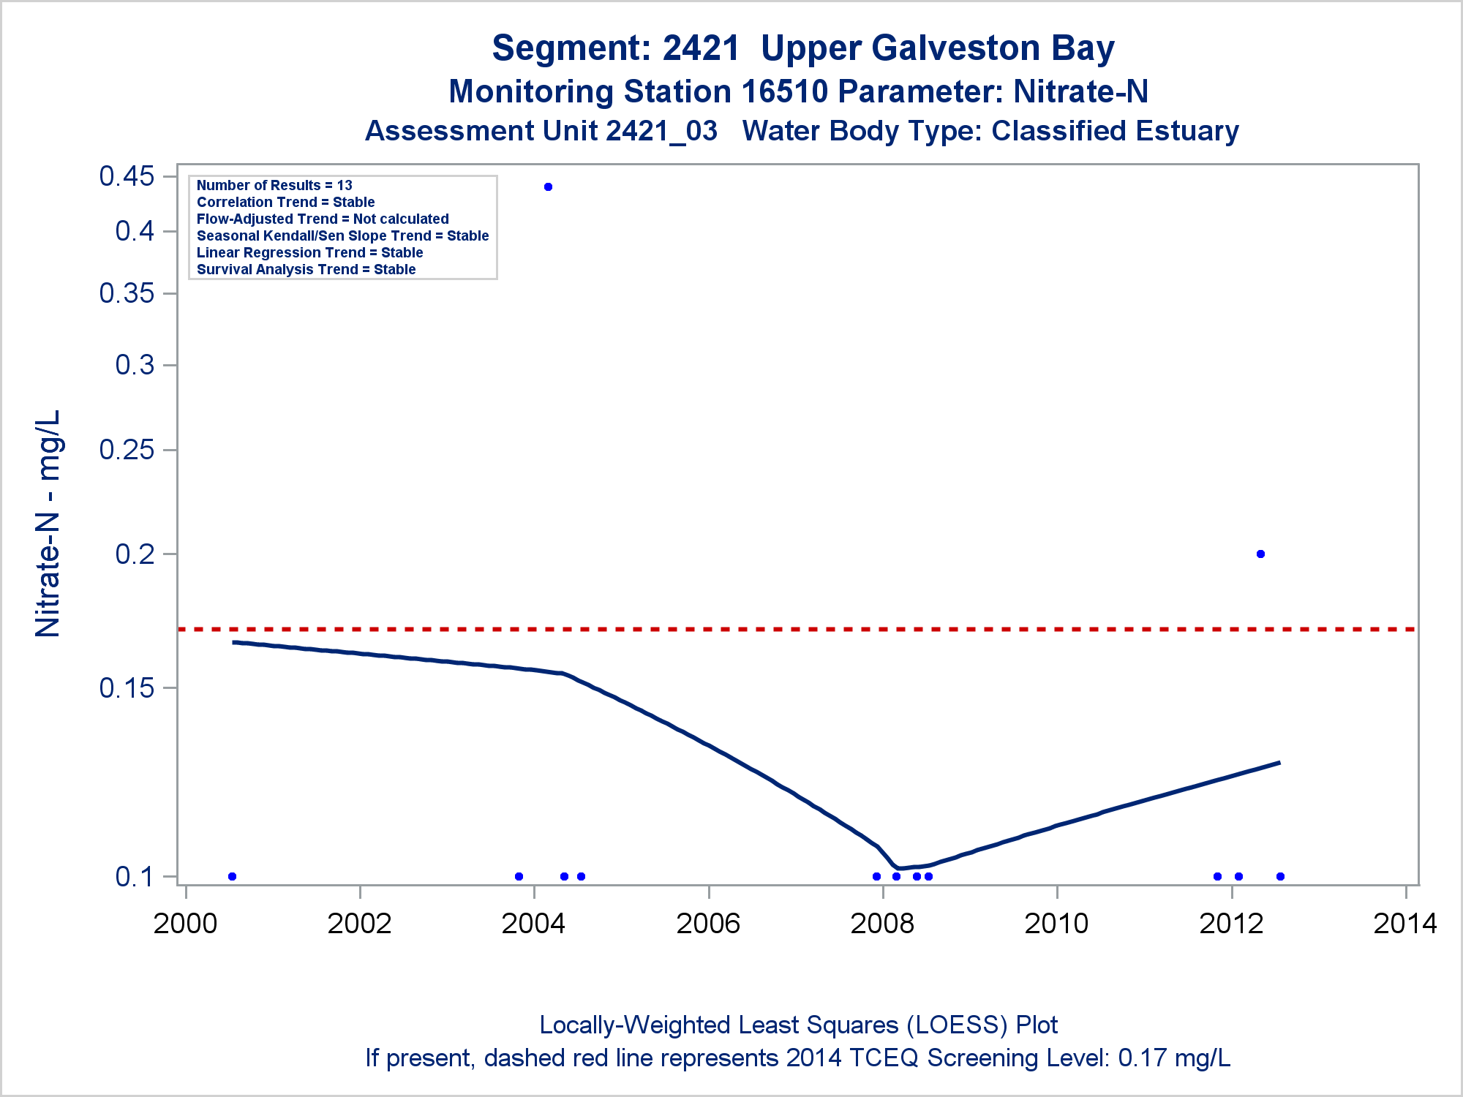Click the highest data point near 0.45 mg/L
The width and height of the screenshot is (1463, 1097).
pyautogui.click(x=548, y=187)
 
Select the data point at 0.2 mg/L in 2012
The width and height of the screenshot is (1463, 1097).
pyautogui.click(x=1260, y=554)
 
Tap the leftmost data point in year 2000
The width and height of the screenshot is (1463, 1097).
pyautogui.click(x=232, y=876)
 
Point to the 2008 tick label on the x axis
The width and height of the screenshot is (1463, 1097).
pyautogui.click(x=882, y=924)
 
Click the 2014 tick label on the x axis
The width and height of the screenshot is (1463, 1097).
pyautogui.click(x=1405, y=924)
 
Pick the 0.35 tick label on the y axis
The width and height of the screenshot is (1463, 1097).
pyautogui.click(x=127, y=293)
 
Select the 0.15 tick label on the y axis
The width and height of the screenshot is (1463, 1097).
pyautogui.click(x=127, y=687)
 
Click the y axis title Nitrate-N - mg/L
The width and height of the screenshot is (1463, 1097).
pyautogui.click(x=48, y=524)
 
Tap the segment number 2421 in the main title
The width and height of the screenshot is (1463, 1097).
pyautogui.click(x=701, y=48)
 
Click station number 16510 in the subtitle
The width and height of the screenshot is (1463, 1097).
pyautogui.click(x=784, y=92)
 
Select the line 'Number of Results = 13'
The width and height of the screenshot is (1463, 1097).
pyautogui.click(x=274, y=186)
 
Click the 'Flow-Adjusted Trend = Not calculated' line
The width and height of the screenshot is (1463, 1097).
pyautogui.click(x=323, y=219)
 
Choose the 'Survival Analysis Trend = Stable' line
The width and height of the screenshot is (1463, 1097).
pyautogui.click(x=306, y=270)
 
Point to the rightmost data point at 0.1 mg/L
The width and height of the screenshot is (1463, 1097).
pyautogui.click(x=1280, y=876)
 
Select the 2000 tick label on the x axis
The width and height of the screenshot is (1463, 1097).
pyautogui.click(x=185, y=924)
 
